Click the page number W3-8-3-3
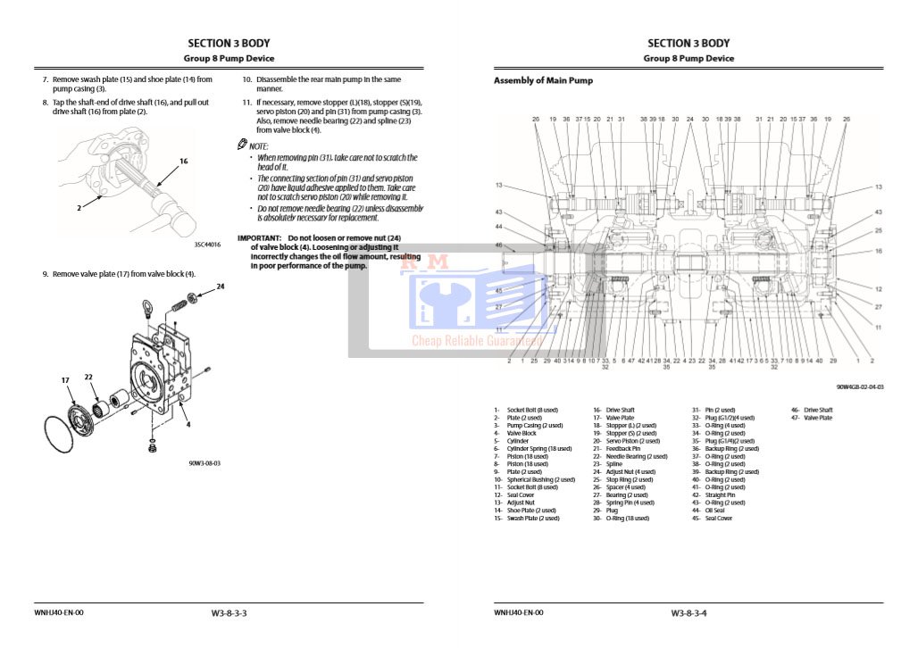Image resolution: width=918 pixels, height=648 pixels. [x=229, y=613]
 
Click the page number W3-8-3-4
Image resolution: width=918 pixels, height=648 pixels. [x=689, y=613]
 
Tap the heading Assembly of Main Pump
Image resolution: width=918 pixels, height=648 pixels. [x=543, y=80]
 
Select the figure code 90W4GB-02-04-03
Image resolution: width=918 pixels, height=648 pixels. [x=860, y=387]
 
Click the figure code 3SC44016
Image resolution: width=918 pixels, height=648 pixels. [x=207, y=244]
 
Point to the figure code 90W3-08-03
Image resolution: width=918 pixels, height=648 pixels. [x=204, y=463]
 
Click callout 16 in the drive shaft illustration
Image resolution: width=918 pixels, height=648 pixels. [x=183, y=162]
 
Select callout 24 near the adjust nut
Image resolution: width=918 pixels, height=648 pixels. [x=220, y=287]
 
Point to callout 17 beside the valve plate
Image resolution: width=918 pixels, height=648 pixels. [x=65, y=380]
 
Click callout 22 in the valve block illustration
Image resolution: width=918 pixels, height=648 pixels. [x=88, y=378]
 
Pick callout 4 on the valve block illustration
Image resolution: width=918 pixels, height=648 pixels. [x=188, y=424]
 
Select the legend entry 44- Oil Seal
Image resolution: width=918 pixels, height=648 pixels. [x=714, y=511]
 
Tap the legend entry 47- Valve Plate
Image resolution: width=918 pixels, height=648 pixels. [x=812, y=418]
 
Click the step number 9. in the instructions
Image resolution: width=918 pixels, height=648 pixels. [x=46, y=274]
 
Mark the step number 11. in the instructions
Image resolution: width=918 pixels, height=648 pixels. [x=247, y=103]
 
